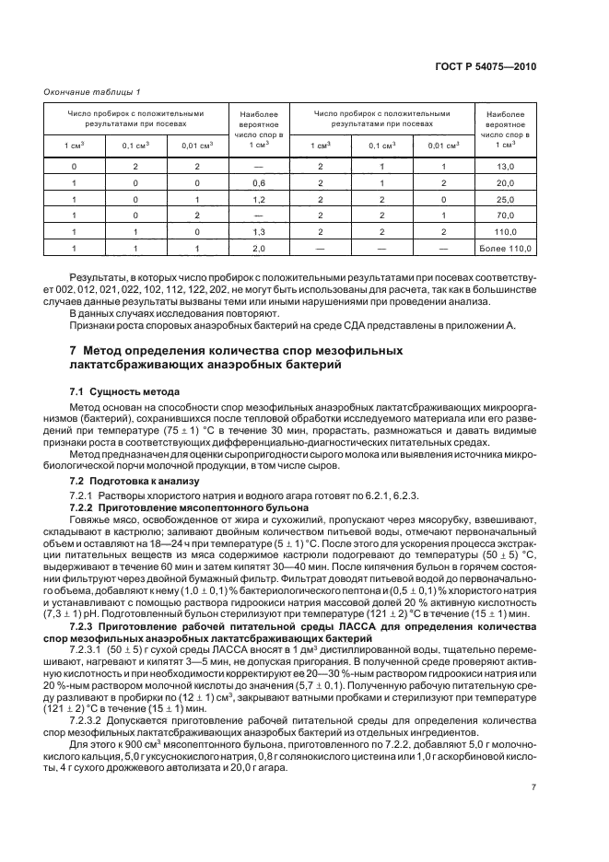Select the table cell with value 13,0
(505, 166)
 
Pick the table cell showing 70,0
(505, 215)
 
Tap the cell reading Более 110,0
(505, 249)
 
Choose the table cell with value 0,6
(259, 182)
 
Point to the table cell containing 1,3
(259, 232)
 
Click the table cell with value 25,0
(505, 199)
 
